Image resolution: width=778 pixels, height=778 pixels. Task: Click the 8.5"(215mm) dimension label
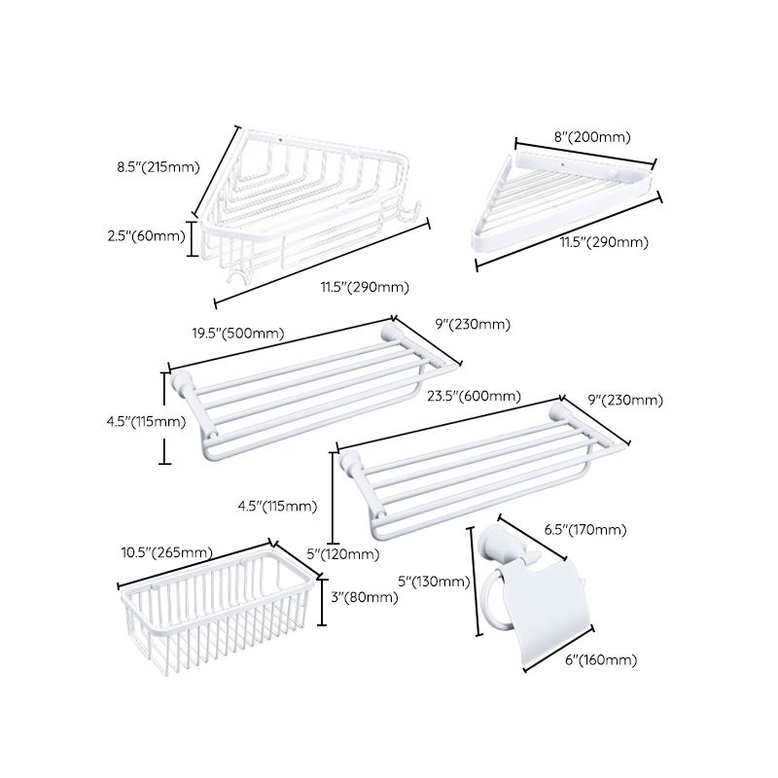click(145, 166)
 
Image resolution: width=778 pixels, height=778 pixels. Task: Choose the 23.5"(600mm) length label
click(474, 396)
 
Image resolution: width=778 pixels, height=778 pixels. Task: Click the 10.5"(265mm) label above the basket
click(166, 552)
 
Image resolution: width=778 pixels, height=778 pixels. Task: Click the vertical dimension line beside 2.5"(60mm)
click(193, 237)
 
